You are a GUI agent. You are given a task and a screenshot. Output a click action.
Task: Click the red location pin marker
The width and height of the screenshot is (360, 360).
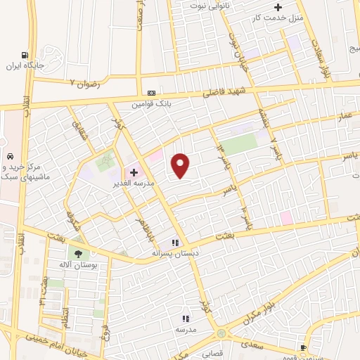coord(181,165)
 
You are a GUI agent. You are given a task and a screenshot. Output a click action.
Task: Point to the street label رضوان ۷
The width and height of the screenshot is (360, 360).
coord(86,83)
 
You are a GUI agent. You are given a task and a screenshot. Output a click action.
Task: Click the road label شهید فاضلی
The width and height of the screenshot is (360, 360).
coord(221,90)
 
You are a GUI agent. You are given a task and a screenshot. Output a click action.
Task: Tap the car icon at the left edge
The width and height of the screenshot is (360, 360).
coord(10,156)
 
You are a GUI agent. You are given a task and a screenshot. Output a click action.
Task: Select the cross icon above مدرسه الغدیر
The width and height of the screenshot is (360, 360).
coord(134,172)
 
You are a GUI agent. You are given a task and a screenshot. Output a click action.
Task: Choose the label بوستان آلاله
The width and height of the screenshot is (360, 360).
coord(77,266)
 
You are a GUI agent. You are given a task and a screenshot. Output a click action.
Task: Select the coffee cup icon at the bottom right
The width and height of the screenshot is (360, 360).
coord(303,347)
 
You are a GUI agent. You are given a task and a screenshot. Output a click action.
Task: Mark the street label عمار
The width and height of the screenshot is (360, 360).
coord(344,114)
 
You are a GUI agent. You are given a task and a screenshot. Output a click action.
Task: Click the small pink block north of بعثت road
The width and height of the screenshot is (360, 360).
coord(286,217)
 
